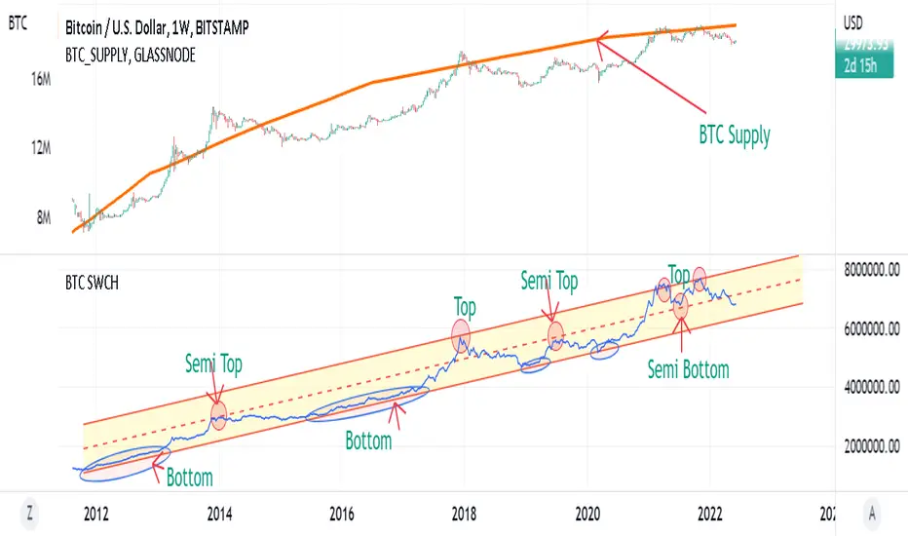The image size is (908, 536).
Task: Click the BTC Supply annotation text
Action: click(734, 135)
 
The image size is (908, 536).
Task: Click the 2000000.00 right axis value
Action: click(872, 447)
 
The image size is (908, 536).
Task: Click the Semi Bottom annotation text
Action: click(688, 369)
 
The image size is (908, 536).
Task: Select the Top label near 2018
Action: click(465, 307)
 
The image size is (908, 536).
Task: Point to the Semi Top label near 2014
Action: click(213, 364)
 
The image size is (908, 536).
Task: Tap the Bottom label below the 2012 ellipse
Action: click(189, 478)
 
